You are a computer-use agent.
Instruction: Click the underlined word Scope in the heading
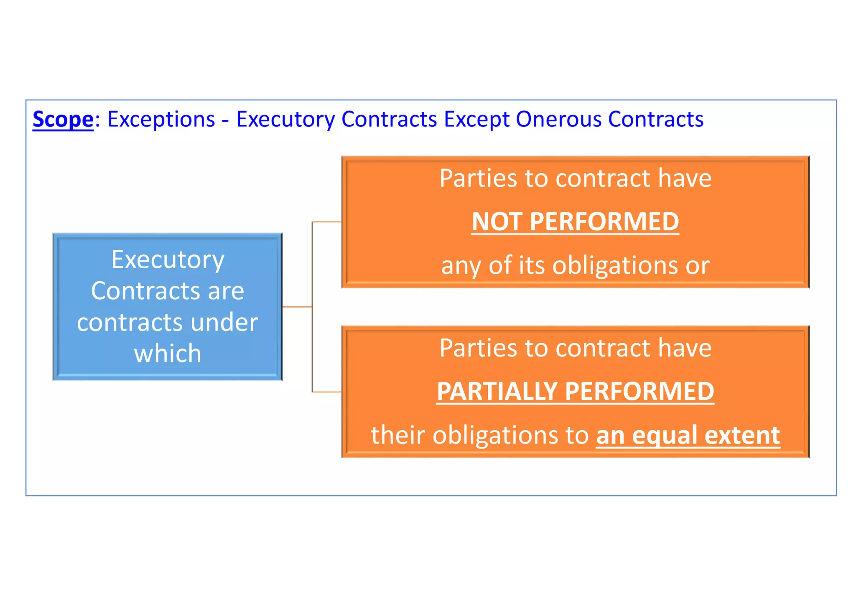point(63,120)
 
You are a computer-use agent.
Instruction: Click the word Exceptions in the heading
point(161,120)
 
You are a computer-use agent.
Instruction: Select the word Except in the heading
point(476,120)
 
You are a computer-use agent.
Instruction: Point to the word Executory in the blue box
point(168,260)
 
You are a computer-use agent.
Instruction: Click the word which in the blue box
point(168,354)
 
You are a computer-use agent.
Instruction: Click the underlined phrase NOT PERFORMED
point(575,221)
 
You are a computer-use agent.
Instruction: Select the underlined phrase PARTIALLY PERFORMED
point(575,391)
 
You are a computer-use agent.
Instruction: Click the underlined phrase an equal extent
point(688,435)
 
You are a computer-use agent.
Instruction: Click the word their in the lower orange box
point(398,435)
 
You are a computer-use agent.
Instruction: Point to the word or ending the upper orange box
point(698,266)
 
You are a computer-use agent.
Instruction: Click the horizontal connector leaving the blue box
point(297,307)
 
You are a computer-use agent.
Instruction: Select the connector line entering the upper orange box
point(327,222)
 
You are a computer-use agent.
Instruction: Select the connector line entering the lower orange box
point(327,392)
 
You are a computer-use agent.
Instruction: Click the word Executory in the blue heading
point(285,120)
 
